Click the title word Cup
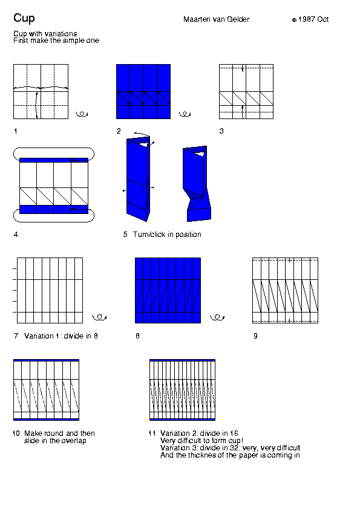click(24, 18)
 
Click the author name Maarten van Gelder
click(216, 19)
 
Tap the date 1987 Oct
click(313, 19)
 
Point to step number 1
click(15, 131)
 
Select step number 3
click(221, 131)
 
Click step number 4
click(16, 234)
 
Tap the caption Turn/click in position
click(167, 235)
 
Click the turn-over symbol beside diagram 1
click(82, 114)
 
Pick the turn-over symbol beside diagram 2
click(185, 114)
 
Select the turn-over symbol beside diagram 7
click(99, 317)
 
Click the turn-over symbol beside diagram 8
click(217, 317)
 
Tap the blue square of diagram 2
click(143, 91)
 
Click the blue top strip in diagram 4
click(54, 160)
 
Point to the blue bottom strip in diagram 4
click(54, 209)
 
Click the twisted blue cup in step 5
click(197, 184)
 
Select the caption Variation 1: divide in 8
click(61, 336)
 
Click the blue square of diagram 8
click(168, 290)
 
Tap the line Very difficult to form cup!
click(201, 441)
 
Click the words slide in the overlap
click(55, 441)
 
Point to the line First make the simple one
click(56, 41)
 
